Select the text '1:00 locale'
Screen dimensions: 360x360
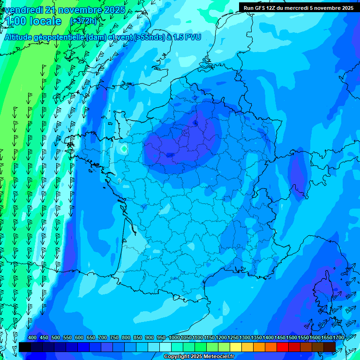click(x=33, y=21)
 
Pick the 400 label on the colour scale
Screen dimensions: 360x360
click(x=32, y=337)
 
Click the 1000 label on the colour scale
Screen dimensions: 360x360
click(x=174, y=337)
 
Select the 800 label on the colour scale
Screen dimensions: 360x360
click(x=126, y=337)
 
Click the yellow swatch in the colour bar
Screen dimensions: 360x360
click(x=236, y=347)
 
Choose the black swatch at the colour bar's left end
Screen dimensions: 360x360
click(x=25, y=347)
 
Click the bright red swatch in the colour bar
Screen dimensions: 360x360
click(x=283, y=347)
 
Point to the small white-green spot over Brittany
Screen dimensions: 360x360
click(x=123, y=149)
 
